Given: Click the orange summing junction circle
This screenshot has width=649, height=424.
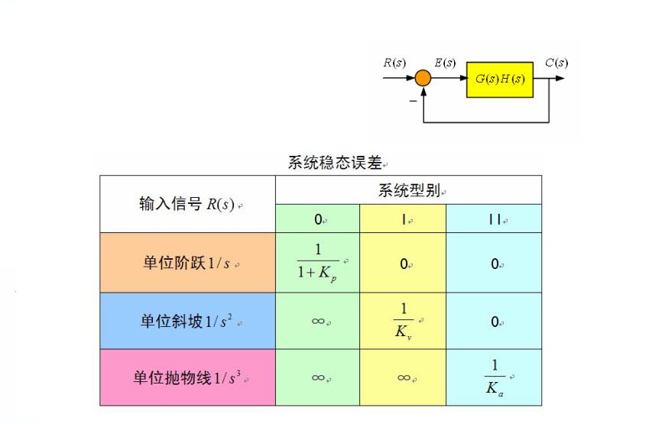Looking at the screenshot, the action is tap(423, 78).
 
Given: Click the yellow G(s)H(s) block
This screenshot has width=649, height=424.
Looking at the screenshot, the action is tap(500, 80).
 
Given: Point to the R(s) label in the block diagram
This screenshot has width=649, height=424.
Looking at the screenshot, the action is tap(394, 63).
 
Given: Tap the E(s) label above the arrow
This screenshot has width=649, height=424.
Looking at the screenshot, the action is tap(445, 63).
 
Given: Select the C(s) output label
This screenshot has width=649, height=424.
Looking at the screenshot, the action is tap(557, 63).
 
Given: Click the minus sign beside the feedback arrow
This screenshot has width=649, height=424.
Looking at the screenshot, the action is tap(413, 101).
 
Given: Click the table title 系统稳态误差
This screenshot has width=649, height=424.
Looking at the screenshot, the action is tap(335, 163).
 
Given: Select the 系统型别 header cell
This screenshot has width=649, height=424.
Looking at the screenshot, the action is tap(408, 190).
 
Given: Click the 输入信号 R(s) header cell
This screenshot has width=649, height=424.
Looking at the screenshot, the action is tap(187, 204).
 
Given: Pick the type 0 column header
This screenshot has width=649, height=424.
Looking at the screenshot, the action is tap(317, 218).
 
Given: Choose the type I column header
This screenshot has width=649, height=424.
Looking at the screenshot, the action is tap(403, 218).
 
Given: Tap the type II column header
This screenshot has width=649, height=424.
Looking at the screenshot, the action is tap(494, 218).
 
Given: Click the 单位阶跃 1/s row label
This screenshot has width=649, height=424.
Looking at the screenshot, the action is tap(187, 263).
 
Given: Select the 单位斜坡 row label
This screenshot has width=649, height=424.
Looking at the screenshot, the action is tap(187, 321).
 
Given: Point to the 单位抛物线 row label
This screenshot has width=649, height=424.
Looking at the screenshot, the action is tap(187, 377).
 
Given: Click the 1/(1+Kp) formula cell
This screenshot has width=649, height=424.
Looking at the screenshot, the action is tap(317, 263).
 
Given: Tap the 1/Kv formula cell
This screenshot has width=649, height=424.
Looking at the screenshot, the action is tap(403, 321).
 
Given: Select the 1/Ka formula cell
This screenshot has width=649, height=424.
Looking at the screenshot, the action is tap(494, 377).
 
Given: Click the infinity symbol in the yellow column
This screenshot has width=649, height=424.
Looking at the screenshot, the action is tap(404, 377).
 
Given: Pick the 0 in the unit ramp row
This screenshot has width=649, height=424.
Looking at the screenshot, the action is tap(495, 322).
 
